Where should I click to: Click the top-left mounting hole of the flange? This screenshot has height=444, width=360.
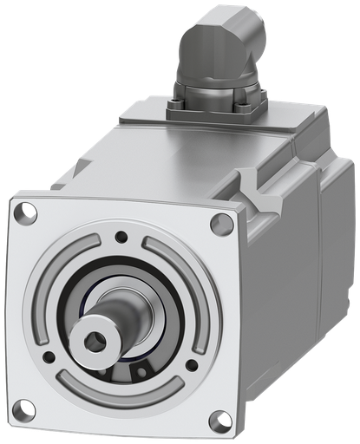tap(27, 210)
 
